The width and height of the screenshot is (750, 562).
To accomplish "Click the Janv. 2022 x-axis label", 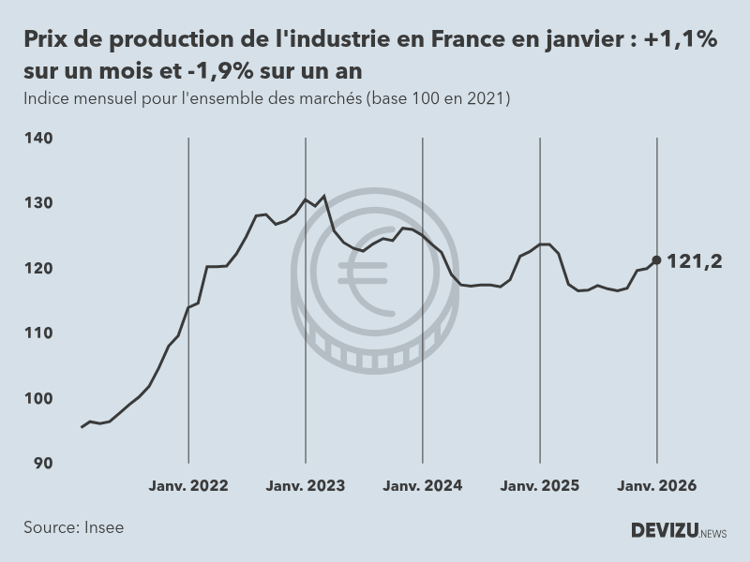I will [x=188, y=486].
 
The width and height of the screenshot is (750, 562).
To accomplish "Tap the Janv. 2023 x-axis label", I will [x=306, y=486].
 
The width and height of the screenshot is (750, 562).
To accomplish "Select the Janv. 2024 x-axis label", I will [x=423, y=486].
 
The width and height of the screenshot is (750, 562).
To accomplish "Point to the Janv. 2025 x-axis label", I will [x=540, y=486].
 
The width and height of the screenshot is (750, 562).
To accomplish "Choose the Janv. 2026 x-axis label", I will [x=656, y=486].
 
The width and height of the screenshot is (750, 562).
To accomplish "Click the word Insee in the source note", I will [x=103, y=527].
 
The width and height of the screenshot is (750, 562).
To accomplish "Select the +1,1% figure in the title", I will [x=682, y=40].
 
